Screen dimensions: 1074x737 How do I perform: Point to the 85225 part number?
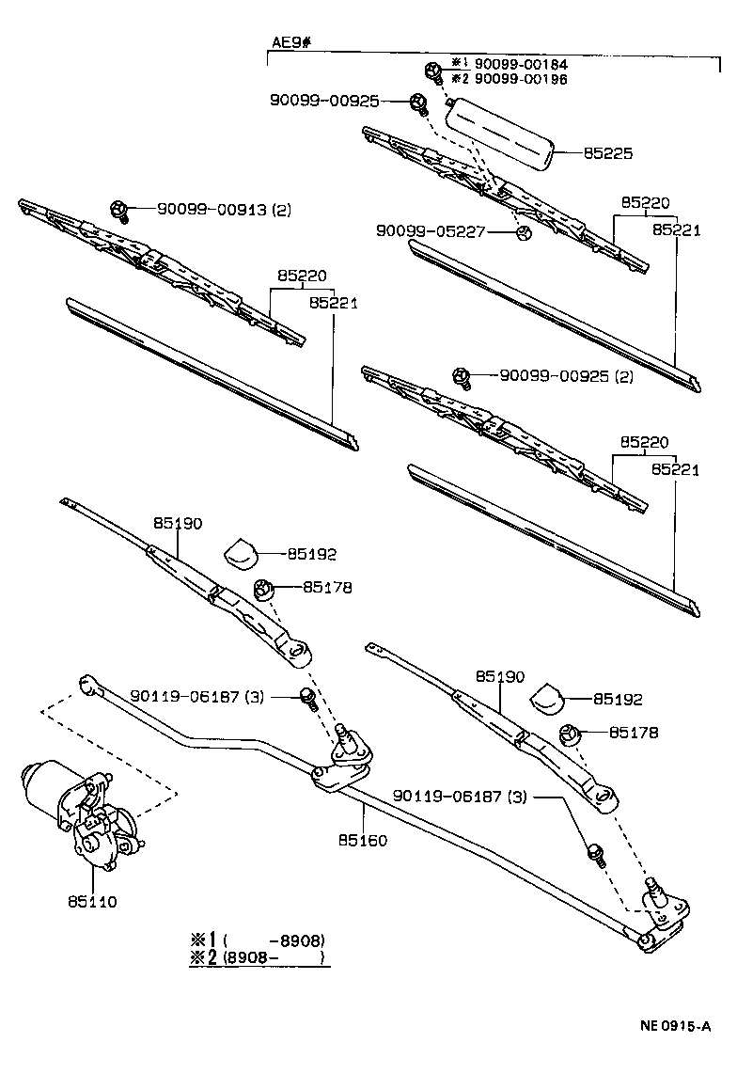coord(608,152)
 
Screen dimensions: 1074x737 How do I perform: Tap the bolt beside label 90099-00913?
coord(119,210)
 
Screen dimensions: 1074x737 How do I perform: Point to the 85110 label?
coord(91,902)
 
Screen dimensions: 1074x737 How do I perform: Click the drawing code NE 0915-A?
coord(676,1028)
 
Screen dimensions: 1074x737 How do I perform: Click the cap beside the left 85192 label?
coord(241,552)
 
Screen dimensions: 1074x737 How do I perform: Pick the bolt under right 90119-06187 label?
coord(594,854)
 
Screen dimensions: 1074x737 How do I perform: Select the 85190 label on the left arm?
coord(178,524)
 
